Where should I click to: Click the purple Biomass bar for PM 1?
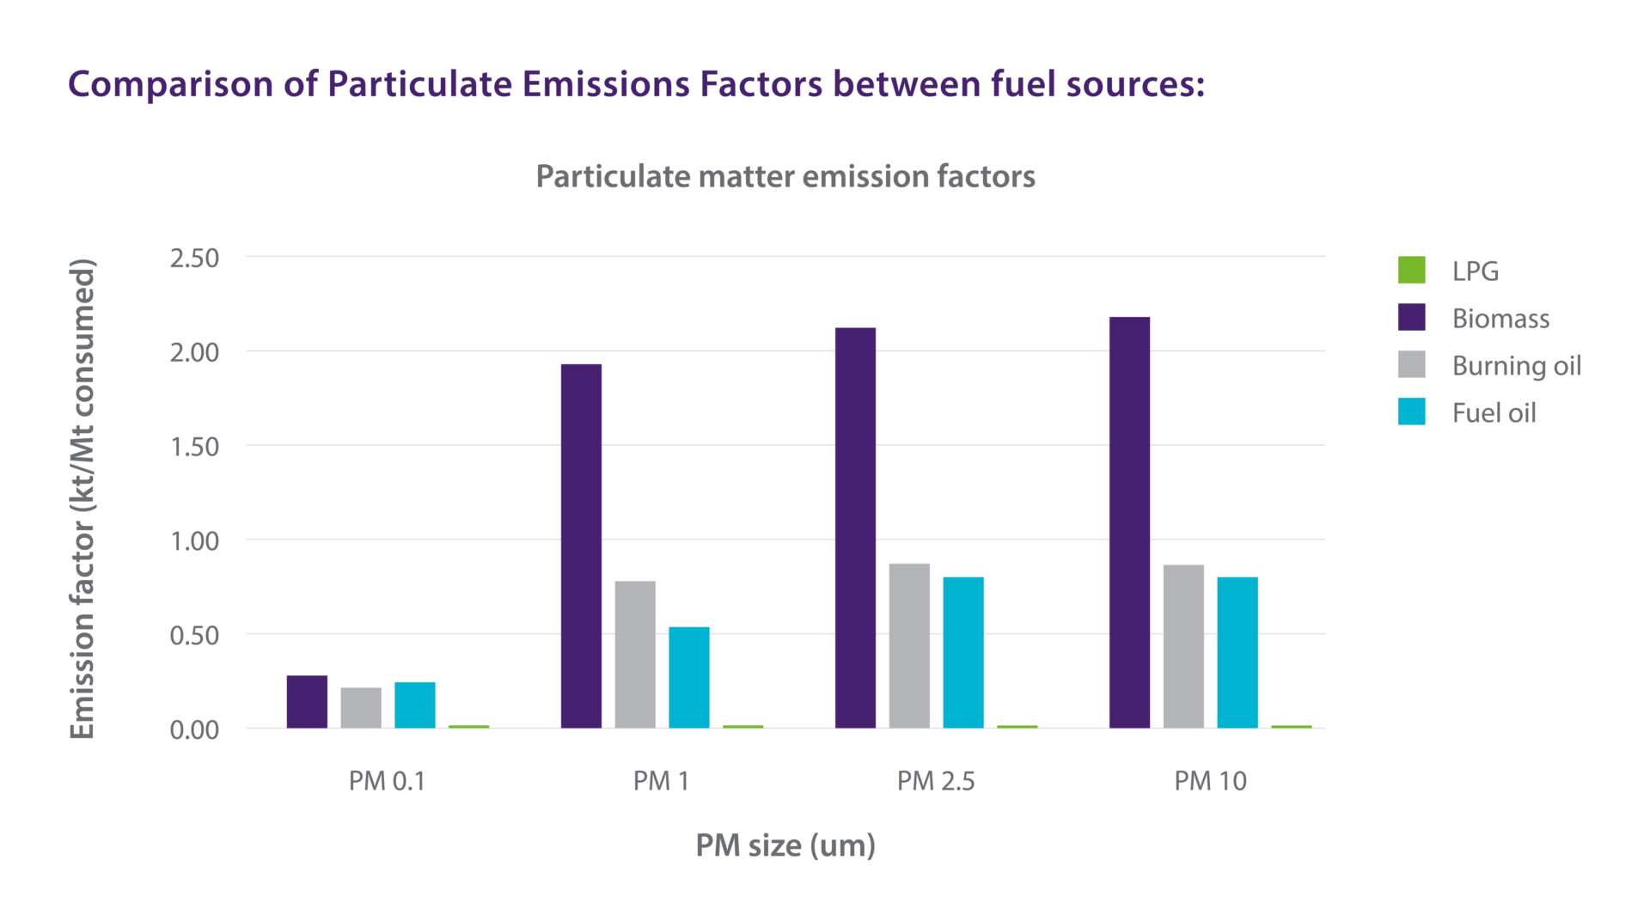[581, 546]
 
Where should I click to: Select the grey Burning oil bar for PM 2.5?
[909, 646]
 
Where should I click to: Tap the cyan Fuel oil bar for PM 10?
[1237, 653]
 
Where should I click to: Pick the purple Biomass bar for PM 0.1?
[307, 702]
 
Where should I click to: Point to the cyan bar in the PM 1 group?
[689, 678]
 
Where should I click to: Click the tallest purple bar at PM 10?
[1129, 522]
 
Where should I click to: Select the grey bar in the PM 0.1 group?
[361, 708]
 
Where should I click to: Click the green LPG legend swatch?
[1411, 270]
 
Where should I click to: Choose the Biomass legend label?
[1500, 319]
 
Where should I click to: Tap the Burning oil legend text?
[1516, 366]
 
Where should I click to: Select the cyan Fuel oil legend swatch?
[1411, 412]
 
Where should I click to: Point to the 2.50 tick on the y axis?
[194, 258]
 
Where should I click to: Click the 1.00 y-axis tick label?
[194, 541]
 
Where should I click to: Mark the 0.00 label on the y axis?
[194, 730]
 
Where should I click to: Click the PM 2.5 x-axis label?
[936, 781]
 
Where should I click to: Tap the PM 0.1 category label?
[387, 781]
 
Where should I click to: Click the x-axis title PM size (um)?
[785, 845]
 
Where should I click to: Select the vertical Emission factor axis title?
[82, 498]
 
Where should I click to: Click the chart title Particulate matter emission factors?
[785, 176]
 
